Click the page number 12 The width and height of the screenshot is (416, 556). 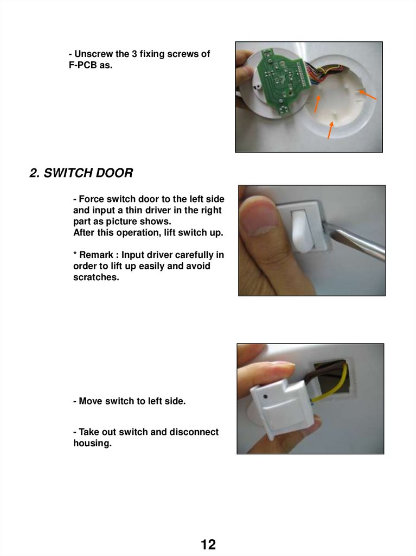(x=208, y=544)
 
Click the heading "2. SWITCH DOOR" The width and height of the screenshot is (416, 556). (x=81, y=173)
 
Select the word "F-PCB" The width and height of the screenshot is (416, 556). (x=83, y=65)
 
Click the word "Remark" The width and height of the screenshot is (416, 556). (x=96, y=255)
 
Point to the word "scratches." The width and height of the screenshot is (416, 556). (x=96, y=277)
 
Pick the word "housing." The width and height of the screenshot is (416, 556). (x=93, y=443)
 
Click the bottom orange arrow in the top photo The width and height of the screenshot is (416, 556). (x=330, y=130)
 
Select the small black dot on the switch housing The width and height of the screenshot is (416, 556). (x=266, y=397)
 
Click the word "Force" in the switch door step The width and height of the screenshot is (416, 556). (x=92, y=199)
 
